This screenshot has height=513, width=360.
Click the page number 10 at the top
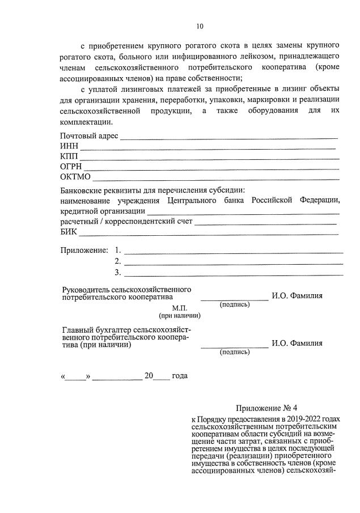click(x=200, y=26)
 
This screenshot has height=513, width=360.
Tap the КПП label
click(x=69, y=156)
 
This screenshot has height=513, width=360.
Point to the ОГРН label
click(x=71, y=167)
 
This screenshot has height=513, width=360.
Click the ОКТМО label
click(x=74, y=176)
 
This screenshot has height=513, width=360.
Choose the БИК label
click(x=68, y=231)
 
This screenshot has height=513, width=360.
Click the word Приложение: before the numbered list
click(x=84, y=250)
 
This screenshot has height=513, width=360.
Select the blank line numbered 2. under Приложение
click(x=233, y=263)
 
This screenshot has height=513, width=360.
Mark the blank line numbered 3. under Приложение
click(x=233, y=274)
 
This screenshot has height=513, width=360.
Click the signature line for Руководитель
click(x=234, y=299)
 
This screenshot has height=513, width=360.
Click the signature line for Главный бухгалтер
click(x=234, y=346)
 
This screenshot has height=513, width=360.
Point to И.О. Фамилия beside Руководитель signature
click(x=297, y=295)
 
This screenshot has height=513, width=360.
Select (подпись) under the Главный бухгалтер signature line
click(x=234, y=352)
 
